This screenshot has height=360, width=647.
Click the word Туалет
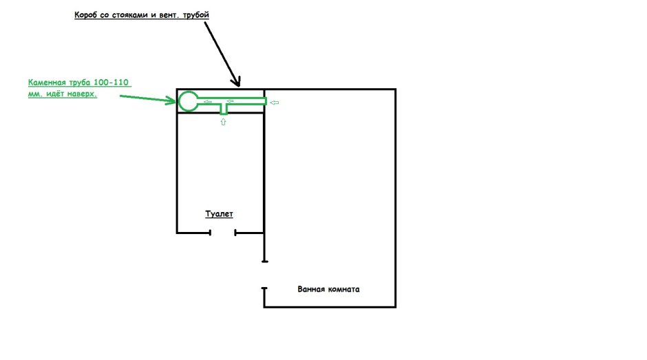[219, 214]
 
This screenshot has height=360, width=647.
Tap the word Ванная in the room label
[311, 289]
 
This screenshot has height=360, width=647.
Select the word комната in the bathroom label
[343, 289]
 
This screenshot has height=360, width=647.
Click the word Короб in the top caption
[86, 15]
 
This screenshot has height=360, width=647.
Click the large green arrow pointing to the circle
[148, 98]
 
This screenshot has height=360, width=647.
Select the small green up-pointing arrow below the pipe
[223, 122]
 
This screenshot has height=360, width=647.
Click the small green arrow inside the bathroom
[275, 103]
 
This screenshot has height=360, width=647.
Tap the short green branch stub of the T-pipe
[224, 109]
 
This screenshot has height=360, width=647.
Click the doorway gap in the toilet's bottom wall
[223, 233]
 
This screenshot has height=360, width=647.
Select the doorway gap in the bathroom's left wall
[264, 275]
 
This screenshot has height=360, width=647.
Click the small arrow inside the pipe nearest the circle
[208, 102]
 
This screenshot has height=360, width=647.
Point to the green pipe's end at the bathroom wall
[266, 101]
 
